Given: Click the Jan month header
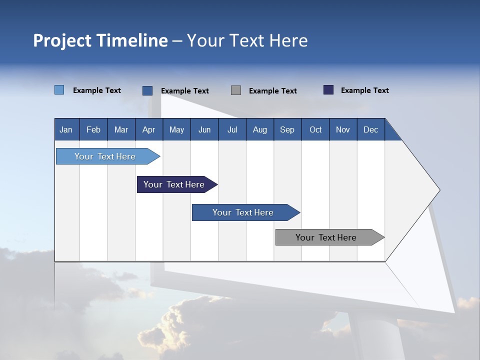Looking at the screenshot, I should [x=66, y=129].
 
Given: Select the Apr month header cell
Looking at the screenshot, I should [x=148, y=129].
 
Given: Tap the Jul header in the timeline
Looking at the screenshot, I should [x=232, y=129].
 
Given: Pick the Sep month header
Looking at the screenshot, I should [x=287, y=129].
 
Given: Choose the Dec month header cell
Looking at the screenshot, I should [x=370, y=129].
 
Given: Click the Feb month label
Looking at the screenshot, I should [x=93, y=129].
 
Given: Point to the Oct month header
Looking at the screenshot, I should [x=315, y=129].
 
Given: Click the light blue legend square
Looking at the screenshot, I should [x=59, y=90].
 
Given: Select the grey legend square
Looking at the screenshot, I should [x=236, y=90].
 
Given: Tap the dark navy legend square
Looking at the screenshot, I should [x=328, y=90].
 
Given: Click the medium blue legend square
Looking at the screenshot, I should [x=147, y=90].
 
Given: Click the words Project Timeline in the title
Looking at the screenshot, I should [x=100, y=40].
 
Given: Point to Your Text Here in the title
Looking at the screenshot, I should [x=247, y=40].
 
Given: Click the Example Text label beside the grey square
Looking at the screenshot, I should [x=272, y=91].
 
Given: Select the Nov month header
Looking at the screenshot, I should [x=343, y=129].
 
